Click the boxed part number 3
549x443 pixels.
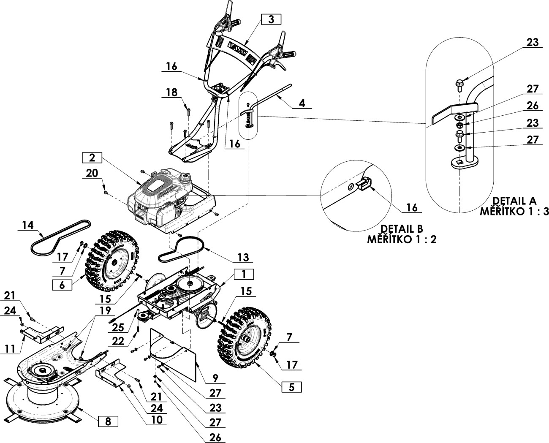pos(271,19)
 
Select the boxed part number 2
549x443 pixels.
pos(92,158)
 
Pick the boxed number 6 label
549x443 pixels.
pos(62,285)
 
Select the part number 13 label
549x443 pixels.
pos(243,257)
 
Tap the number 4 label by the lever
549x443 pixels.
pos(301,103)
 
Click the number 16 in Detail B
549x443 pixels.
pos(412,207)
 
